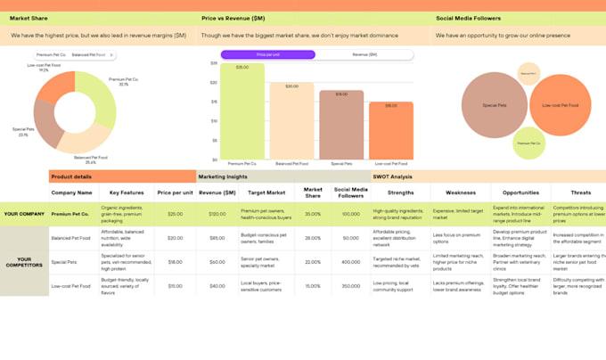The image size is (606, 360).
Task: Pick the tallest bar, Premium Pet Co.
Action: (x=242, y=111)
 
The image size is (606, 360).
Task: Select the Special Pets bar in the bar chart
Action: (x=341, y=125)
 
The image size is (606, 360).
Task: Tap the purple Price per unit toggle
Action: (x=267, y=54)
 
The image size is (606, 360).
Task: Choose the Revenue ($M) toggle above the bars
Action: (x=364, y=54)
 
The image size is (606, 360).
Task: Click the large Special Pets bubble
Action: (x=495, y=105)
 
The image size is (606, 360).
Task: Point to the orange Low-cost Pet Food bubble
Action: (x=559, y=105)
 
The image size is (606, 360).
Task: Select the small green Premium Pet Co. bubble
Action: (x=528, y=142)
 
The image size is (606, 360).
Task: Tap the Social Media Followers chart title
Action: (x=468, y=18)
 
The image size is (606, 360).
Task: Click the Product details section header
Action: (x=71, y=176)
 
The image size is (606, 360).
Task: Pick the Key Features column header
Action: (x=127, y=192)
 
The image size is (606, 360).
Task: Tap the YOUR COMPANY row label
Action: (x=24, y=214)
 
